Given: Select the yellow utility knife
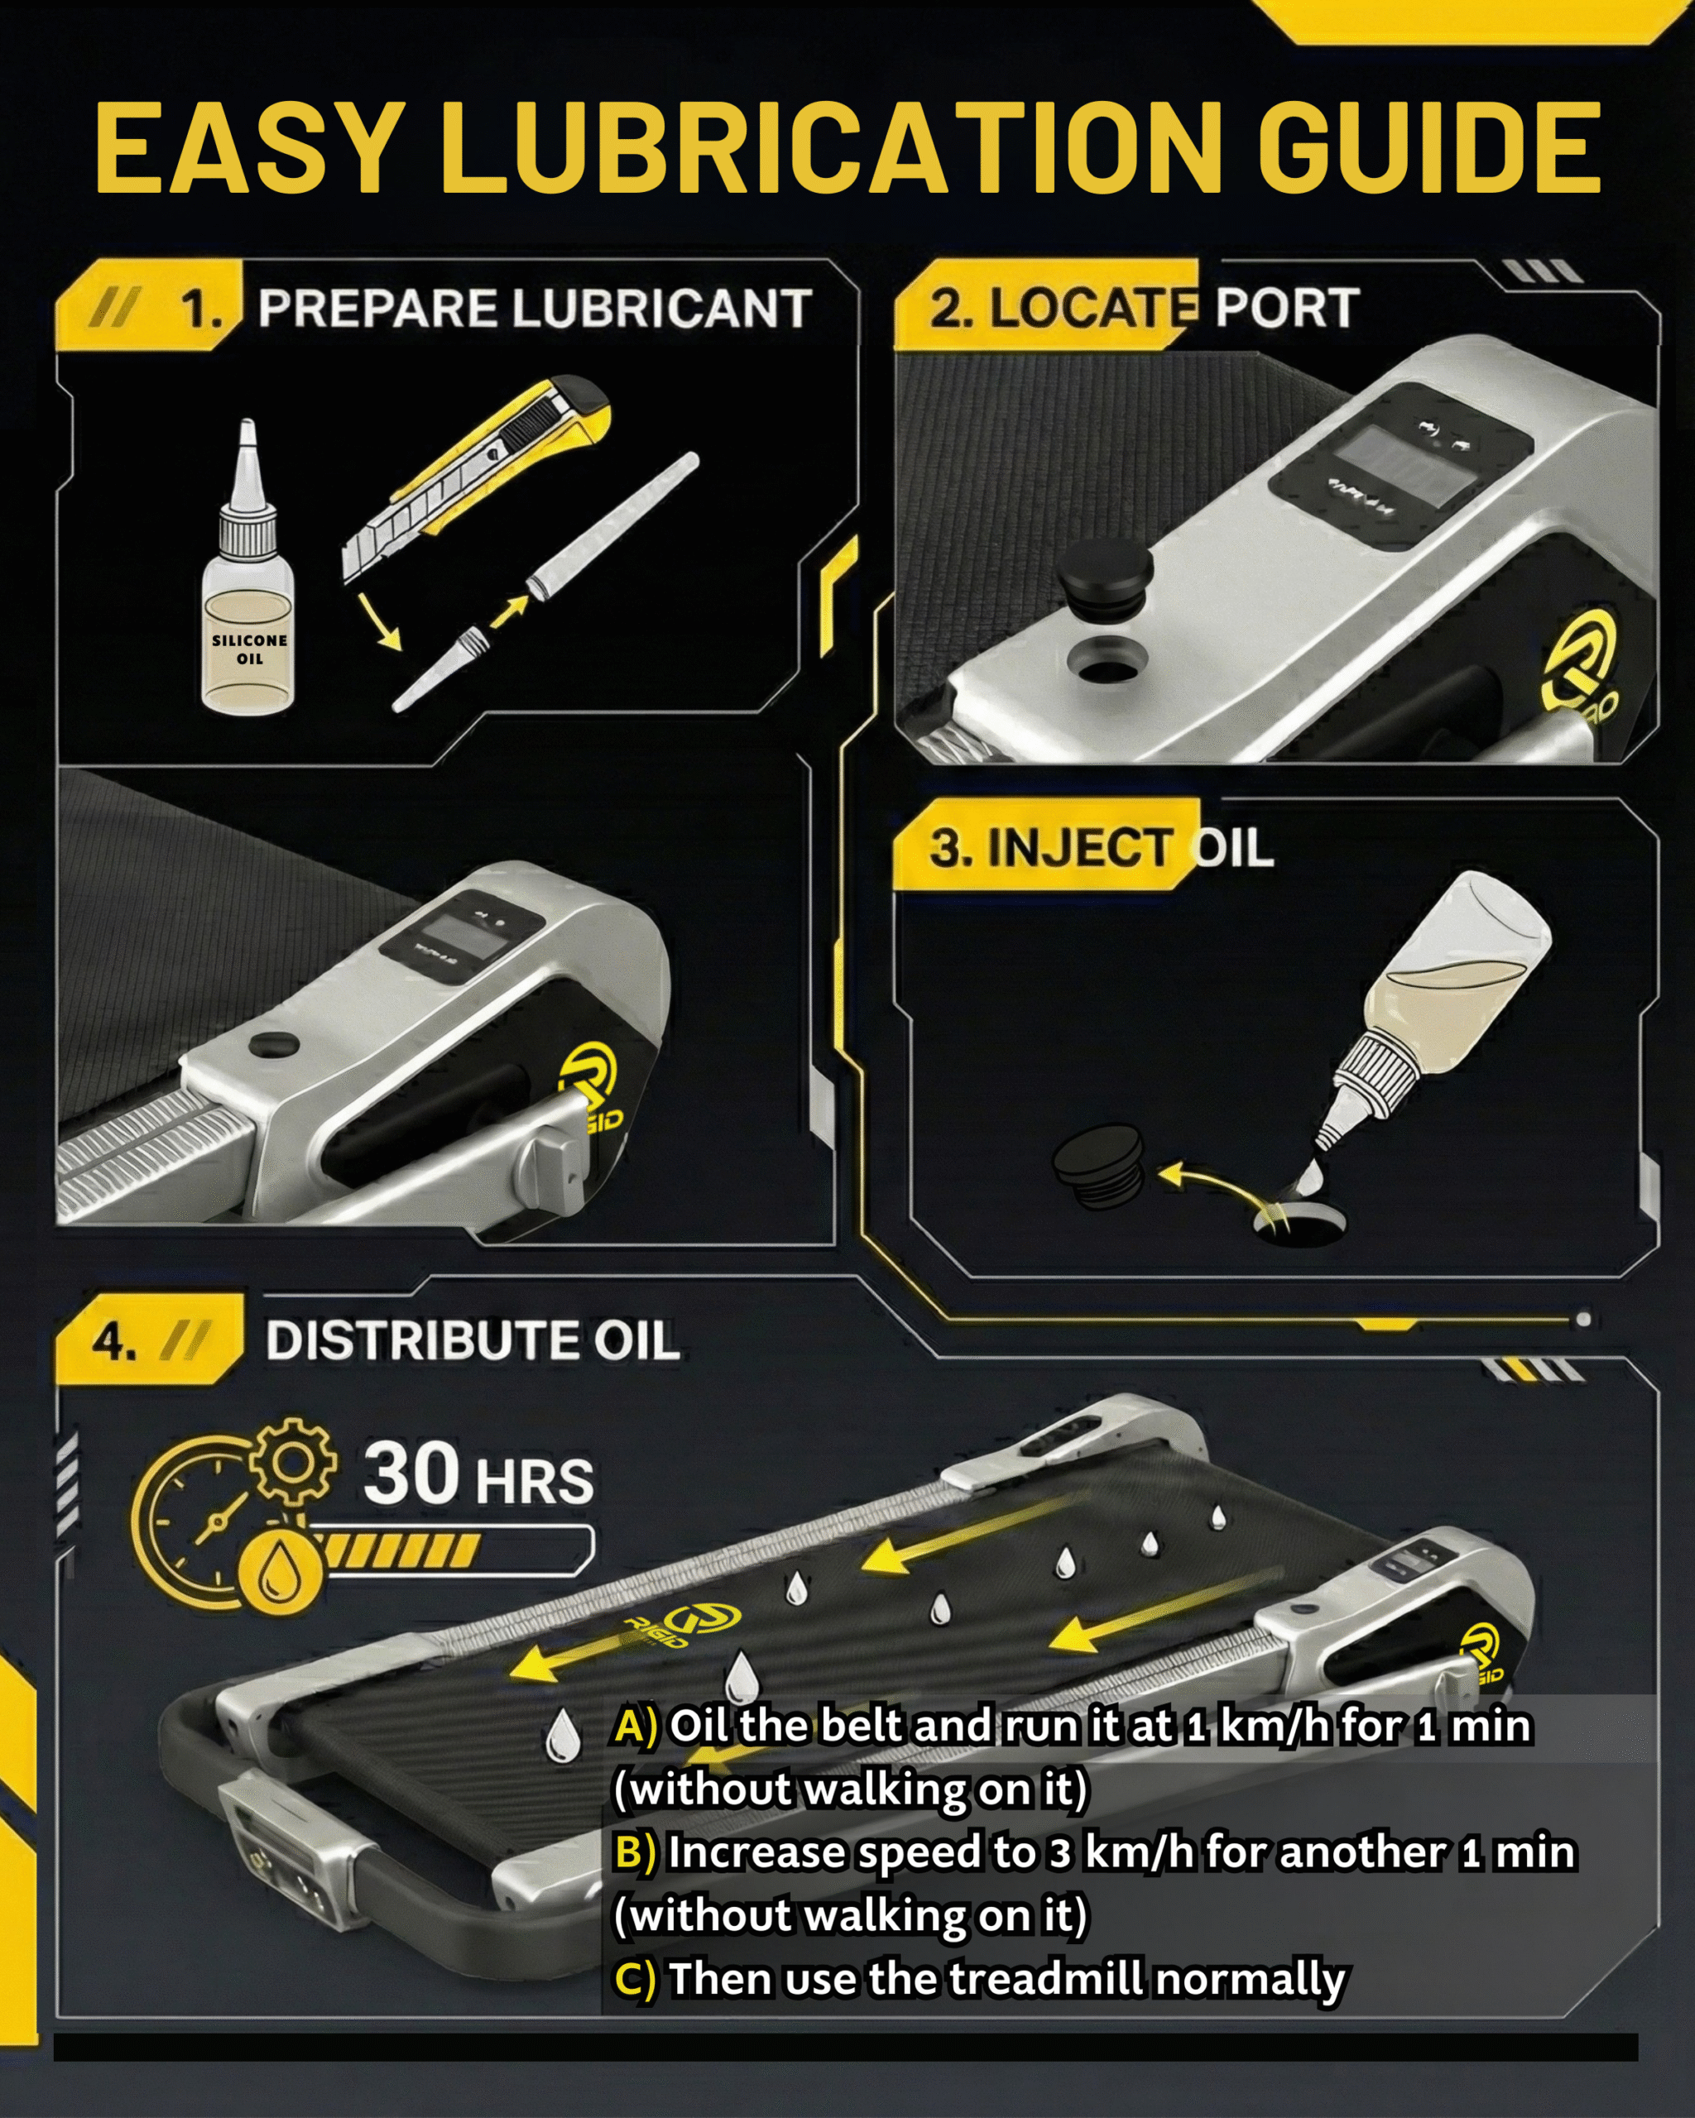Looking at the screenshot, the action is (x=476, y=481).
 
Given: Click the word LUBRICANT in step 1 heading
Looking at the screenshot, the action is (x=661, y=309).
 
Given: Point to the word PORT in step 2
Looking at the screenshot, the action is (x=1288, y=309).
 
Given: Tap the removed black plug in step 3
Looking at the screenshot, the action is (x=1098, y=1166).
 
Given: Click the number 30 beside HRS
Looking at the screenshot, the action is (x=411, y=1473).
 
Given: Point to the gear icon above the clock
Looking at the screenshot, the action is (x=292, y=1462).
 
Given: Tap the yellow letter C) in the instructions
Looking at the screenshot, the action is (x=635, y=1978).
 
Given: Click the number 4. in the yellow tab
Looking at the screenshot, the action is (x=114, y=1341).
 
